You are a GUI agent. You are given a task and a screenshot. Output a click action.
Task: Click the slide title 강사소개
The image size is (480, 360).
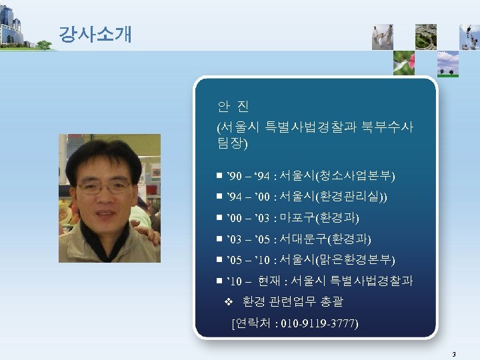pos(95,34)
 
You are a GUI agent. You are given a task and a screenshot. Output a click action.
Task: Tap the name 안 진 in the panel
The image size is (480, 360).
pos(233,107)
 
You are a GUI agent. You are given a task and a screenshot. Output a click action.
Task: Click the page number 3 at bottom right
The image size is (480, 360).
pos(453,354)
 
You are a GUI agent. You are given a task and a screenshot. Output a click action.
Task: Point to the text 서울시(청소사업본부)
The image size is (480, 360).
pos(337,177)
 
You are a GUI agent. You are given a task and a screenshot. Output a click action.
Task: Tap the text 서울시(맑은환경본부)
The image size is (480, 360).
pos(337,260)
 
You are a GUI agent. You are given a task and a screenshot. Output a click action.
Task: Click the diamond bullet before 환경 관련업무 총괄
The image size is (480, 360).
pos(228,303)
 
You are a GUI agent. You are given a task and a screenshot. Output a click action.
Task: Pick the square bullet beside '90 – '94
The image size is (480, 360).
pos(219,177)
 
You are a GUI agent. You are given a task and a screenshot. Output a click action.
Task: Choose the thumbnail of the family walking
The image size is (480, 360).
pos(382,37)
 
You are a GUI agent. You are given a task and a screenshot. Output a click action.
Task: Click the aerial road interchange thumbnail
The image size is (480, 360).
pos(425,37)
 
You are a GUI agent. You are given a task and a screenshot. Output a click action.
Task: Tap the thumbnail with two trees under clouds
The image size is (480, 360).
pos(447,63)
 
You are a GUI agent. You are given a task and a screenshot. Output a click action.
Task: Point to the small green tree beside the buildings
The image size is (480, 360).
pos(44,45)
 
